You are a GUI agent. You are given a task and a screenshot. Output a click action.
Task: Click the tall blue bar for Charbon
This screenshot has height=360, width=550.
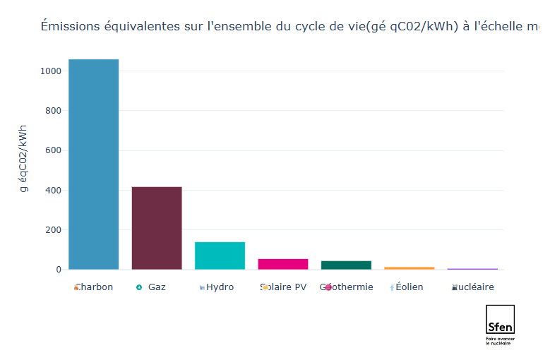(93, 164)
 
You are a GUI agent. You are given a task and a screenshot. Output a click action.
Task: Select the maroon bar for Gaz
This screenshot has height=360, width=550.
(157, 227)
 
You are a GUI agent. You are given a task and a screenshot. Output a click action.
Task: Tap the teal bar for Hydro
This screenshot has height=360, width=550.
(220, 255)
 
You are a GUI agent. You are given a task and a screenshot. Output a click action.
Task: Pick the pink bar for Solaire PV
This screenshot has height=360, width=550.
(282, 264)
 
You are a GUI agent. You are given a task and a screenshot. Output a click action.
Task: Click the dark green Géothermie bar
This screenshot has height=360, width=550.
(346, 265)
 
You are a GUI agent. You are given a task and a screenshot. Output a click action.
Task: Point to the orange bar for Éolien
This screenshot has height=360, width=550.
(409, 268)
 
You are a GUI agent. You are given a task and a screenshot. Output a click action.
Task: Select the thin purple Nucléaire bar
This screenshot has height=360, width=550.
(472, 269)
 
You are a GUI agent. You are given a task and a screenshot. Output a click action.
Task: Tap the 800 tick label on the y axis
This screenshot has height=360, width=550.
(54, 111)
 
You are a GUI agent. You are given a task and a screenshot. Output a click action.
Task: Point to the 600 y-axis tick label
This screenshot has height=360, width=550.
(54, 150)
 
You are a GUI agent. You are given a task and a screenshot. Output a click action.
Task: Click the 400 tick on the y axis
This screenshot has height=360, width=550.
(54, 190)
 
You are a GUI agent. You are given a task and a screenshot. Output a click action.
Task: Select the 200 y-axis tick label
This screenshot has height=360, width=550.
(54, 230)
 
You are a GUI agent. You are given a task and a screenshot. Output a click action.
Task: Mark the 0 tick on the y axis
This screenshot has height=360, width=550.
(59, 270)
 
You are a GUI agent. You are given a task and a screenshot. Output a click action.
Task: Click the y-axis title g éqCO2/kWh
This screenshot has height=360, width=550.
(23, 159)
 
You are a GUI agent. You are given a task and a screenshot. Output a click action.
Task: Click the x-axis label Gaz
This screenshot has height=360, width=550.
(157, 287)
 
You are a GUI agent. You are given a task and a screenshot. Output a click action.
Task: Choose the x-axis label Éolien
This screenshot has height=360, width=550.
(409, 287)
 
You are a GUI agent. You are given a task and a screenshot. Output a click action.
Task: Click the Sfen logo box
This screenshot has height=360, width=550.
(500, 319)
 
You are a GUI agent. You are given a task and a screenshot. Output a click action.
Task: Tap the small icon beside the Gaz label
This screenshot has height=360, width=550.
(139, 287)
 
